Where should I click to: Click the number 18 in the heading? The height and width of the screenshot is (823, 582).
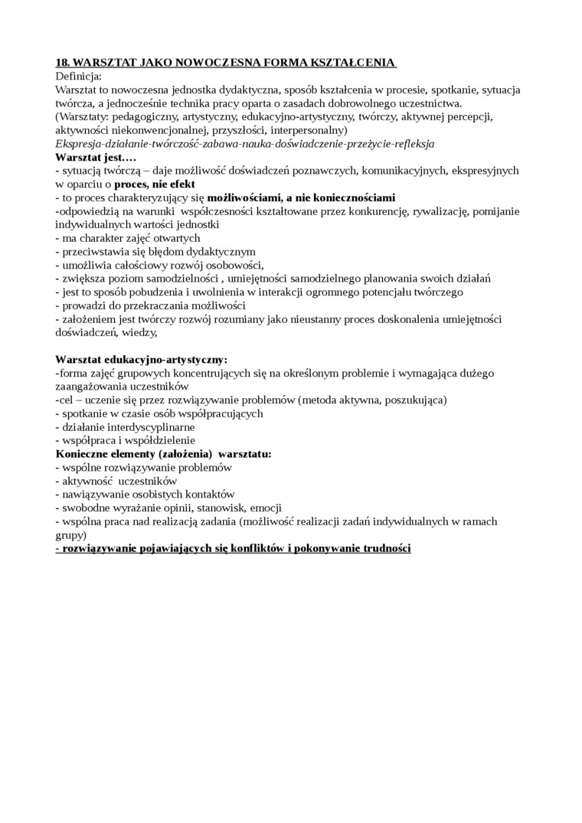tap(63, 63)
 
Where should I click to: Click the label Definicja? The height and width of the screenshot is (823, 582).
tap(78, 77)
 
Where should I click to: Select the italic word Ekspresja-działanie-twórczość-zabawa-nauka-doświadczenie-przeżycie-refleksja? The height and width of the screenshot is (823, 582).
tap(245, 143)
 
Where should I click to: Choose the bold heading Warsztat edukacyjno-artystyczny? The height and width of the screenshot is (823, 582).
tap(142, 359)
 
